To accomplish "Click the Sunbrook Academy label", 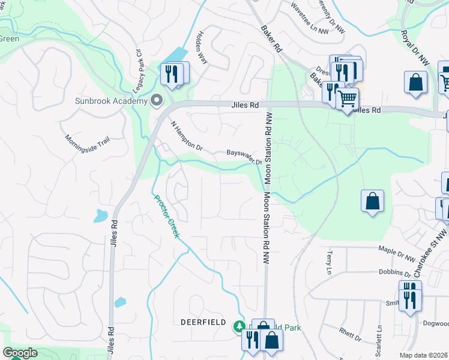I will [x=111, y=100].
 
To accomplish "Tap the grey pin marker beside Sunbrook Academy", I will [x=157, y=100].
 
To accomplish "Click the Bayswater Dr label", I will [x=244, y=157].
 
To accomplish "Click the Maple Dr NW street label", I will [x=397, y=253].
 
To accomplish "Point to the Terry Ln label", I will [x=328, y=263].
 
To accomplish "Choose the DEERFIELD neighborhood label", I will [x=203, y=322].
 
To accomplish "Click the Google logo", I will [x=20, y=353].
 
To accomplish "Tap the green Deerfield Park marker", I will [x=238, y=326].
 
